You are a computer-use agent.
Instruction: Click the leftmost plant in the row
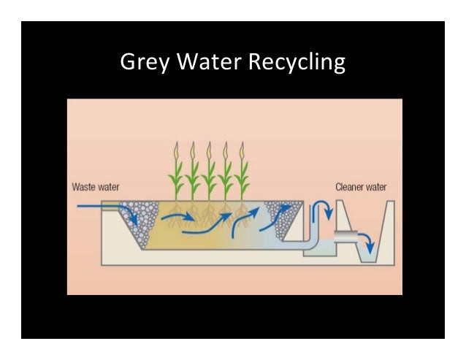click(x=175, y=175)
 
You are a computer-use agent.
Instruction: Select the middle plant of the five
click(x=210, y=175)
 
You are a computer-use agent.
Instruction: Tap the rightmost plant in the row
click(x=243, y=175)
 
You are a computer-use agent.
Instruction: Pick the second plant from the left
click(x=193, y=175)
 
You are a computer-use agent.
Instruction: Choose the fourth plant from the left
click(x=226, y=175)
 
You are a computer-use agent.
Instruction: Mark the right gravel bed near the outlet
click(x=282, y=215)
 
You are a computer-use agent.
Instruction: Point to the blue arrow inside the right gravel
click(x=281, y=212)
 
